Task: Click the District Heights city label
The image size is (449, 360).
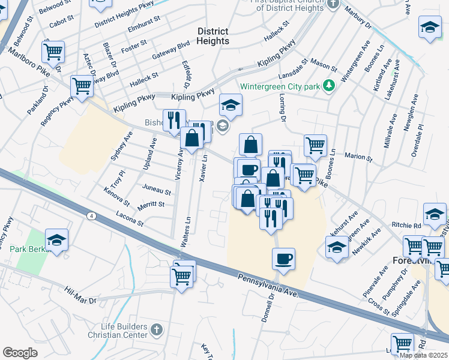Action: [x=212, y=36]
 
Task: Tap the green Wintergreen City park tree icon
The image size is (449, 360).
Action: [x=328, y=86]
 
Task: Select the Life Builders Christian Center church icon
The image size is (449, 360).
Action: [x=156, y=329]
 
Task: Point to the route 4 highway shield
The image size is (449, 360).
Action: [x=90, y=215]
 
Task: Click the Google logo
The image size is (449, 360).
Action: [x=20, y=353]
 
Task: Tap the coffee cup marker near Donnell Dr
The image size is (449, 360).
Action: [x=283, y=259]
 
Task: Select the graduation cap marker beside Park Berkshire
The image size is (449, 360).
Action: [x=56, y=240]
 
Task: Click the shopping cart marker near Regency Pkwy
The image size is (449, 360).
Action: [x=82, y=86]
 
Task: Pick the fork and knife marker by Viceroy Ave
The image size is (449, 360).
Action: [x=174, y=120]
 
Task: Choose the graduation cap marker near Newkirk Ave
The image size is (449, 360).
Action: [x=337, y=246]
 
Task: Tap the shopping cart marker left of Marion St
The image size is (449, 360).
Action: [x=315, y=145]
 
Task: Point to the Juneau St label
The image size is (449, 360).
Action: [x=156, y=190]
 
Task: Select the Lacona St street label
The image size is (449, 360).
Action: [x=130, y=219]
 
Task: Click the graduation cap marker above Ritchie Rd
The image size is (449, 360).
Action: [x=435, y=213]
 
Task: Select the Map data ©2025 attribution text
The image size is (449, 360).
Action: [x=424, y=355]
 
